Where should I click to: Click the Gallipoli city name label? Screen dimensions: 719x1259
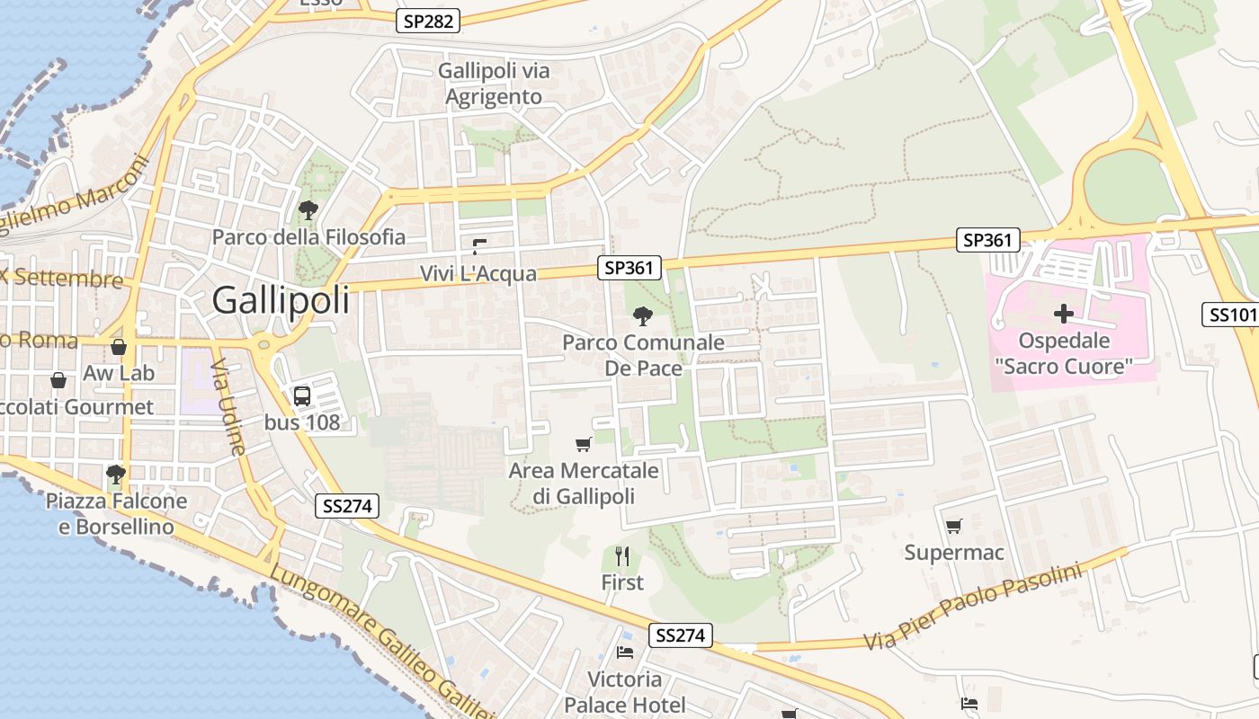tap(281, 301)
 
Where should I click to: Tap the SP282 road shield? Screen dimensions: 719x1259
tap(429, 21)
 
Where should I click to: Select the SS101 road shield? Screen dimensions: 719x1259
tap(1231, 315)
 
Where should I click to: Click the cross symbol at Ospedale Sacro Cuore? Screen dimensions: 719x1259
tap(1064, 314)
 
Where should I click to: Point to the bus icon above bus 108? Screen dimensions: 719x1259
tap(302, 395)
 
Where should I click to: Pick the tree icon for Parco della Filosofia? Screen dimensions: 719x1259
tap(308, 210)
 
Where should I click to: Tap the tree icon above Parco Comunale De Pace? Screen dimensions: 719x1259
tap(642, 315)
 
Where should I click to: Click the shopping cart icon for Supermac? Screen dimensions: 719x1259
tap(953, 526)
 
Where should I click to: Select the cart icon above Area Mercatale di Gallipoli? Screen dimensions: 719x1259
tap(583, 444)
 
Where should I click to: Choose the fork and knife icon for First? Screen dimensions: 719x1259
tap(622, 556)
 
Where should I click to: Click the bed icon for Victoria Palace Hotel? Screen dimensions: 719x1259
tap(625, 652)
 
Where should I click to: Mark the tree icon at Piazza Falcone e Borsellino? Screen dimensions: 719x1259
tap(115, 474)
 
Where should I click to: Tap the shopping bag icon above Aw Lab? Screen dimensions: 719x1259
tap(118, 347)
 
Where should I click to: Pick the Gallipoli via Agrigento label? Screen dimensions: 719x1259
tap(494, 84)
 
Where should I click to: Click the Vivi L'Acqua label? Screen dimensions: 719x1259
tap(478, 273)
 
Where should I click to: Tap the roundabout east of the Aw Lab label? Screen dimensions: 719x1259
tap(263, 342)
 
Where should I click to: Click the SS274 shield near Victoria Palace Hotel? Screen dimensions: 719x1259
tap(680, 635)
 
